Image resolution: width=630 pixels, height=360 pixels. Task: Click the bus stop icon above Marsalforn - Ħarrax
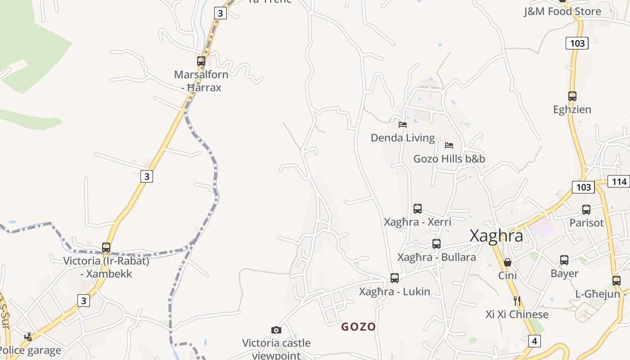pyautogui.click(x=201, y=61)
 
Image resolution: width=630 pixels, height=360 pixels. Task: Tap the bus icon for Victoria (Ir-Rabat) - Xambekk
pyautogui.click(x=106, y=247)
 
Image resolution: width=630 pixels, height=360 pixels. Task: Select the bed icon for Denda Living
pyautogui.click(x=403, y=124)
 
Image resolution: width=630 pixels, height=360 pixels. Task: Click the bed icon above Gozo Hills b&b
pyautogui.click(x=449, y=145)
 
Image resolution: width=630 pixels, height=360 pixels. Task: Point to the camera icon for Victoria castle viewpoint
pyautogui.click(x=276, y=330)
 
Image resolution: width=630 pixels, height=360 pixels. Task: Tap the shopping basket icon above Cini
pyautogui.click(x=508, y=262)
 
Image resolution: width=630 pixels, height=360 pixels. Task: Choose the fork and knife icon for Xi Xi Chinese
pyautogui.click(x=517, y=301)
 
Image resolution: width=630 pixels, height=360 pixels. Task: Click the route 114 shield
pyautogui.click(x=619, y=181)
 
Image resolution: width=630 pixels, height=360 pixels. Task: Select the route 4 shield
pyautogui.click(x=534, y=341)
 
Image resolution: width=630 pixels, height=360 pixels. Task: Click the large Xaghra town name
pyautogui.click(x=496, y=236)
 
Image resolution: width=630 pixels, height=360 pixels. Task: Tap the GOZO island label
pyautogui.click(x=358, y=327)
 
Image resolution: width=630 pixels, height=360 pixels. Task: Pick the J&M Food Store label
pyautogui.click(x=562, y=11)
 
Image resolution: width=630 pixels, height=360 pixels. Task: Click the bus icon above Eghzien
pyautogui.click(x=572, y=96)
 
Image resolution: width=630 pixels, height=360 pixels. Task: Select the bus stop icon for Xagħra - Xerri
pyautogui.click(x=418, y=209)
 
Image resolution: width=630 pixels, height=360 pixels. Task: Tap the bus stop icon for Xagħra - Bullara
pyautogui.click(x=436, y=244)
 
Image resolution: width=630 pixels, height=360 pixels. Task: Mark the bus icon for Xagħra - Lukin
pyautogui.click(x=395, y=278)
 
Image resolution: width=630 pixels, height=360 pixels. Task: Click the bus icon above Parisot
pyautogui.click(x=586, y=210)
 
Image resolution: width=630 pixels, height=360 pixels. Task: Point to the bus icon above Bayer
pyautogui.click(x=564, y=260)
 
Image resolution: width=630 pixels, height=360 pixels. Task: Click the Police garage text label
pyautogui.click(x=31, y=350)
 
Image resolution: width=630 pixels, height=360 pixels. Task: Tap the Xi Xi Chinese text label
pyautogui.click(x=517, y=314)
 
